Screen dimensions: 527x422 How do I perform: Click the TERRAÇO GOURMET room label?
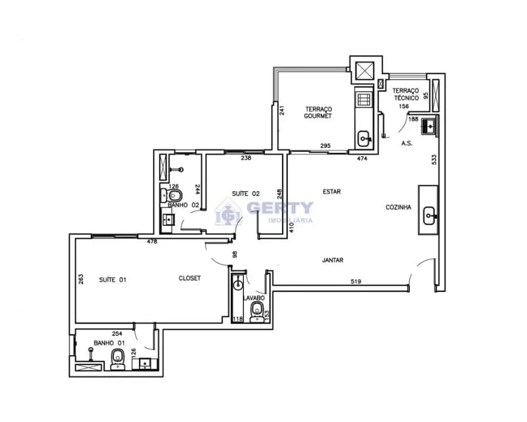point(318,113)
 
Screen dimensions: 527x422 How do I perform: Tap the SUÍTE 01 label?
point(113,280)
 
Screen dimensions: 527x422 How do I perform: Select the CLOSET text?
point(190,278)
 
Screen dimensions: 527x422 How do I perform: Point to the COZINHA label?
point(398,207)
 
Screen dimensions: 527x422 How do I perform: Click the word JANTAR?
point(332,260)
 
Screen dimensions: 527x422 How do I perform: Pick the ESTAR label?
point(332,192)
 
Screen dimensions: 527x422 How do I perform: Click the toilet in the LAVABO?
point(257,312)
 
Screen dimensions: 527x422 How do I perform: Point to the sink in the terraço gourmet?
point(364,138)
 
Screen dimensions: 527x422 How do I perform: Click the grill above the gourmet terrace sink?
point(364,99)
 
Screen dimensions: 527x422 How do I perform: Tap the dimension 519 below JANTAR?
point(356,281)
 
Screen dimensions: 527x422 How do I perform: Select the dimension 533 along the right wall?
point(434,159)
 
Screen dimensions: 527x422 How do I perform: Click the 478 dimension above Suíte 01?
point(152,241)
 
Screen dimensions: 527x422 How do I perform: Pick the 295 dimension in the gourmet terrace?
point(325,146)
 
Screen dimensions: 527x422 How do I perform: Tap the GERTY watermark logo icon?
point(229,212)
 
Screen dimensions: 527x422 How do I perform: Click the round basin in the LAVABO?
point(238,285)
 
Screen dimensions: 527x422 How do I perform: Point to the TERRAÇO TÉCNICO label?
point(406,94)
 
